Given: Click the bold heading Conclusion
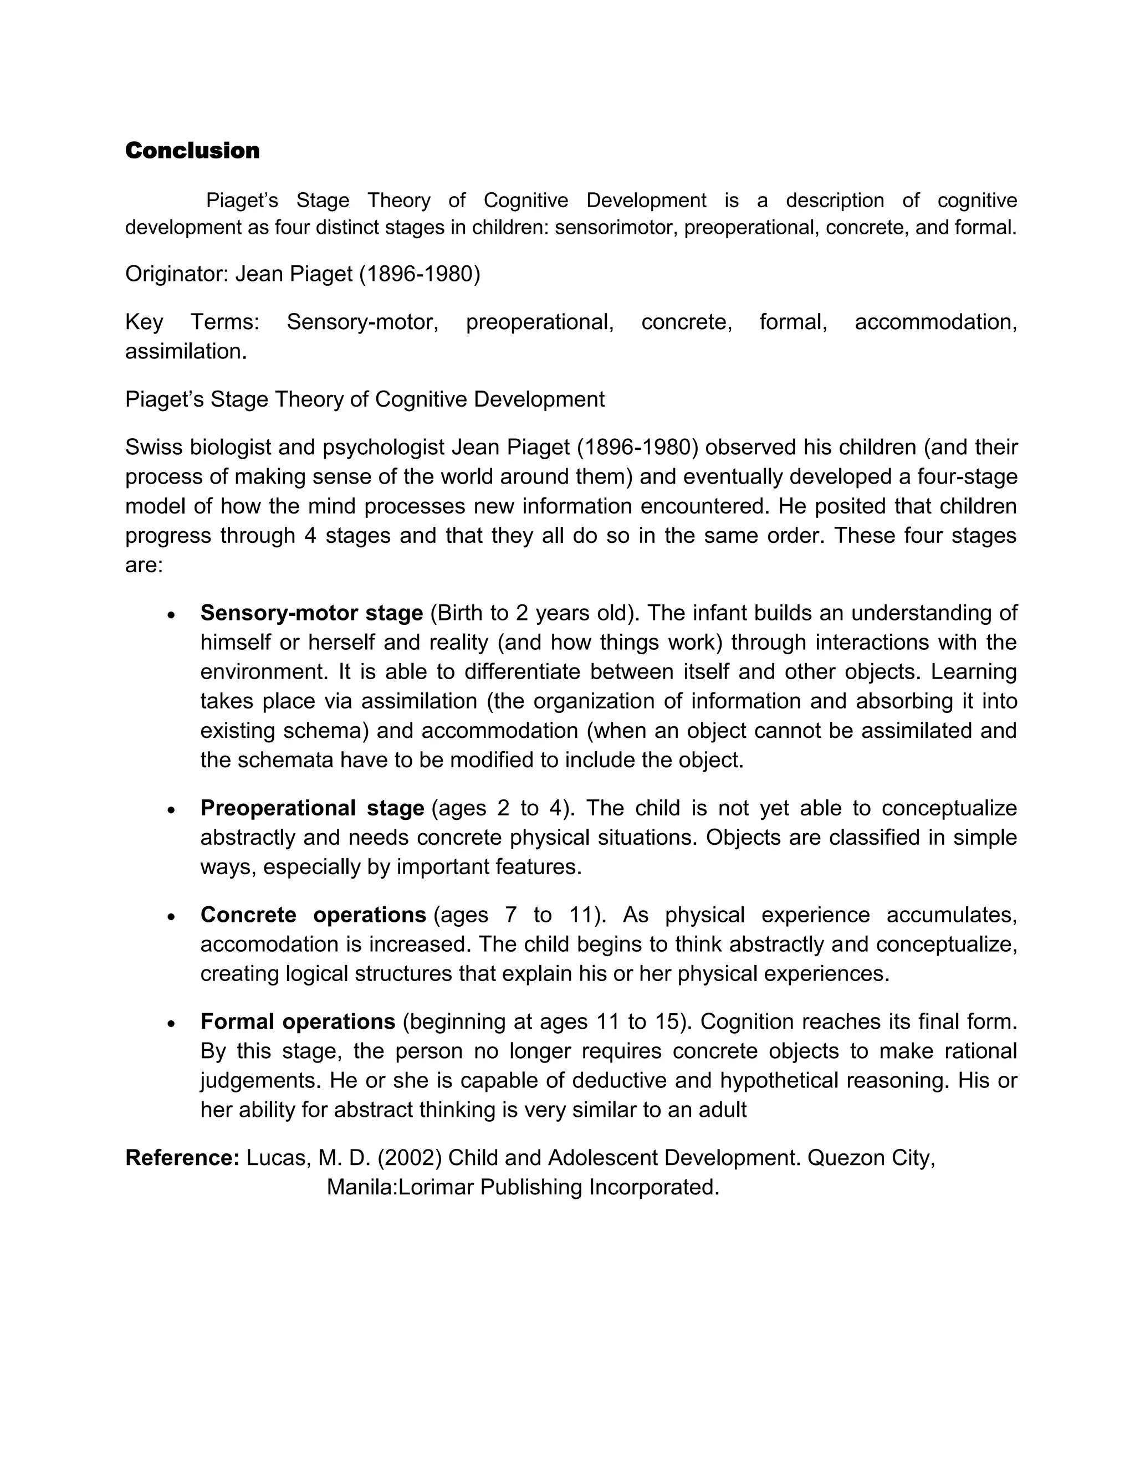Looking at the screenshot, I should coord(192,151).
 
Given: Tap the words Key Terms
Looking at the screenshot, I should coord(192,322).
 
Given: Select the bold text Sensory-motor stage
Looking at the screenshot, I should coord(311,613).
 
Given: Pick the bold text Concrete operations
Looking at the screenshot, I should coord(313,915).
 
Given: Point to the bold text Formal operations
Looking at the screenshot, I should coord(297,1022).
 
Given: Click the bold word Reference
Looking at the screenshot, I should coord(182,1158).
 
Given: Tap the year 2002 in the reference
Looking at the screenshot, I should coord(410,1158).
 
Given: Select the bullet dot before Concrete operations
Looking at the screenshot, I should coord(172,917).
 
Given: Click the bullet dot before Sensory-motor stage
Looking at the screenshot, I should coord(172,615).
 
